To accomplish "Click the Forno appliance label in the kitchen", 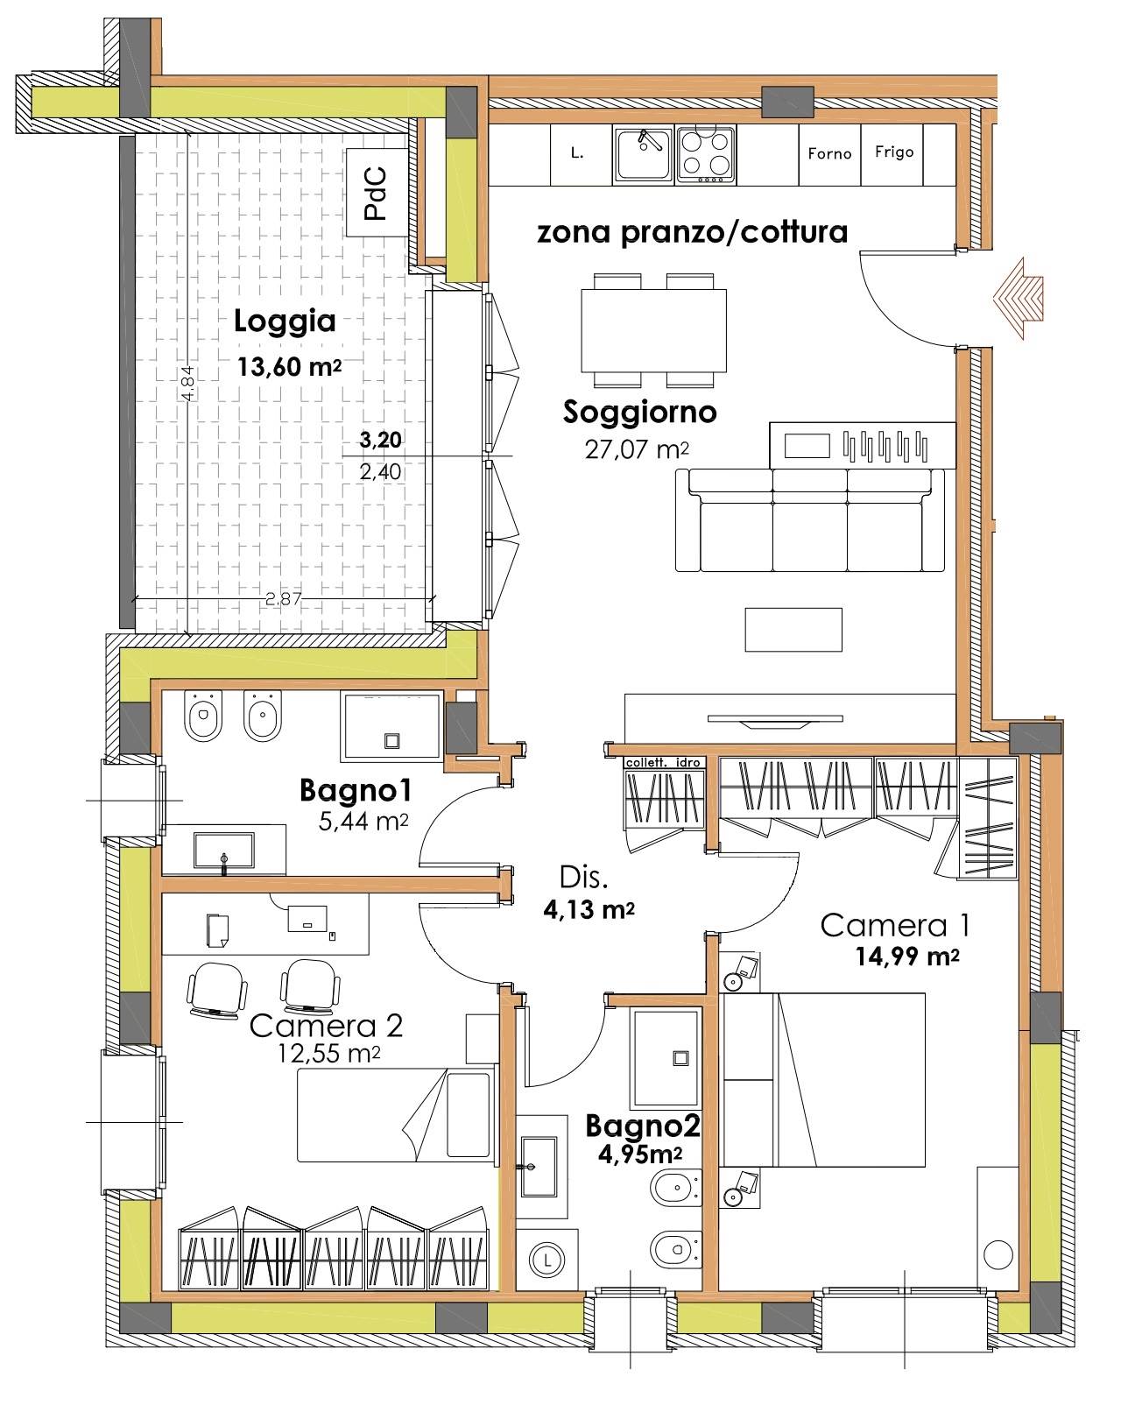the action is click(x=829, y=153).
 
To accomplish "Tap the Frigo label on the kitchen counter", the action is click(x=893, y=152).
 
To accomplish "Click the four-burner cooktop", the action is click(x=706, y=154).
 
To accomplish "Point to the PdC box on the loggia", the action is click(x=377, y=192).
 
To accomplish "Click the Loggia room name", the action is click(x=285, y=321).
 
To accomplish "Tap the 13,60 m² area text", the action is click(x=289, y=366).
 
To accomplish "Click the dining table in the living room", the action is click(x=653, y=330).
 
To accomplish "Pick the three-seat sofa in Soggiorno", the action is click(x=809, y=519).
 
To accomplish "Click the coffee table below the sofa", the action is click(x=793, y=630).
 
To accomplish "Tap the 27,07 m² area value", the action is click(x=637, y=449).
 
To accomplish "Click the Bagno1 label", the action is click(x=355, y=791).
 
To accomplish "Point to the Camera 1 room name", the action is click(x=894, y=925).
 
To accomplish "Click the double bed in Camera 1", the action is click(x=822, y=1080).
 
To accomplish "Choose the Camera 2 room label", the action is click(x=326, y=1026).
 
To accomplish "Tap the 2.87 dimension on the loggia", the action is click(x=283, y=598).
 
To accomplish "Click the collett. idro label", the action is click(x=663, y=763).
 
